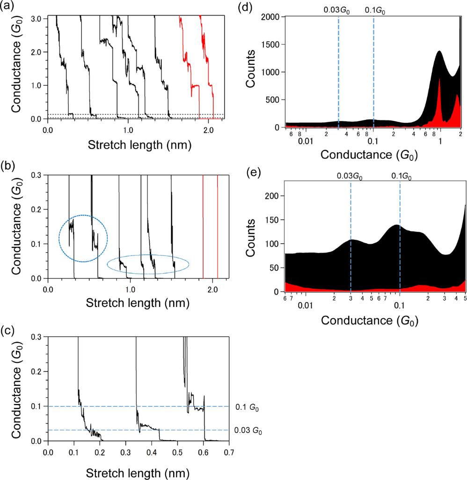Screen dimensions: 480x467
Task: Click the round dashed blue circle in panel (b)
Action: coord(83,239)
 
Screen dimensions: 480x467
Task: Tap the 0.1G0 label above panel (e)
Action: coord(400,176)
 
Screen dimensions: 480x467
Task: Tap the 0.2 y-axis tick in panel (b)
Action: coord(36,209)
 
